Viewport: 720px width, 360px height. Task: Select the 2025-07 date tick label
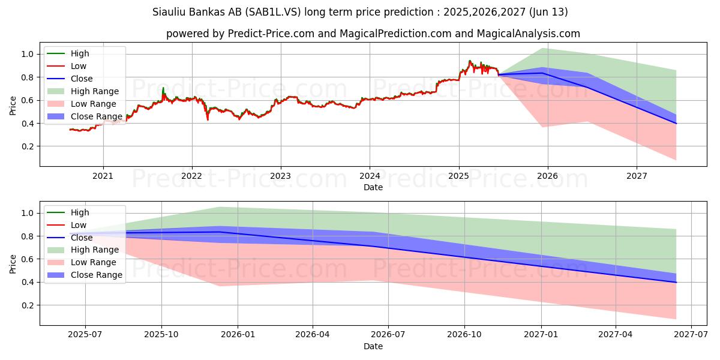(85, 335)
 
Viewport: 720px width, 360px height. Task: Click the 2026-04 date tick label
(313, 335)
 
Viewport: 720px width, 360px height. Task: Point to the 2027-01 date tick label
(542, 335)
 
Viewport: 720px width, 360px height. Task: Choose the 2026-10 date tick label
(465, 335)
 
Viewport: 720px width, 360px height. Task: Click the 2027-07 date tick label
(692, 335)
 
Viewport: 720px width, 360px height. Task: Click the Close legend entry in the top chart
(82, 79)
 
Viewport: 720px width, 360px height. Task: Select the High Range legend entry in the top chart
(94, 91)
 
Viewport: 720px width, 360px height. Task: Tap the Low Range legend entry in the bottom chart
(94, 262)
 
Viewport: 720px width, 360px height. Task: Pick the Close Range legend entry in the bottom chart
(96, 275)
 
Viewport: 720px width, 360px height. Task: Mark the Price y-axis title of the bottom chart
(13, 263)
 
